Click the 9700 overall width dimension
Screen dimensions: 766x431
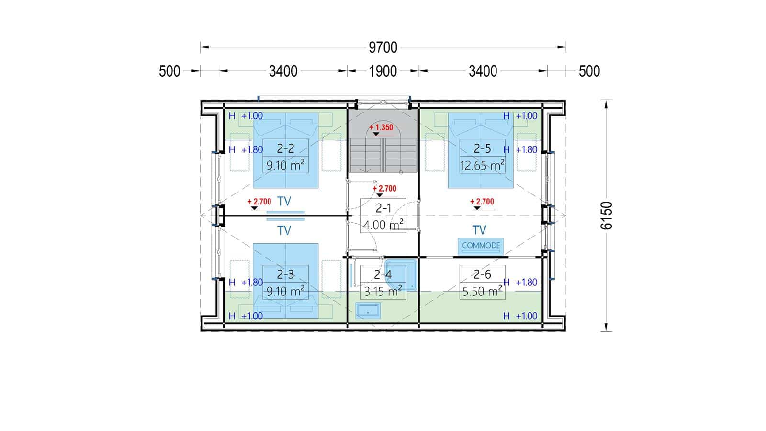[x=383, y=47]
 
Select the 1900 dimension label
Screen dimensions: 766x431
[x=383, y=71]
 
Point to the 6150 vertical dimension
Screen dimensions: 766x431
[x=606, y=215]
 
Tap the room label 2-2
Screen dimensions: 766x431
[x=285, y=148]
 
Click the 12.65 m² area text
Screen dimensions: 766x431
[x=482, y=166]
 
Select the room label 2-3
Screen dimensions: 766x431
[x=285, y=274]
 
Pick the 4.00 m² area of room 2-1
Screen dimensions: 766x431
[x=383, y=225]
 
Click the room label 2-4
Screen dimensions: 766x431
[x=383, y=274]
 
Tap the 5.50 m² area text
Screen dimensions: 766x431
[x=482, y=292]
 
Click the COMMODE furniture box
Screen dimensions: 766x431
[x=481, y=246]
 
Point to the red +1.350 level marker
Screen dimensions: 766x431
[x=381, y=127]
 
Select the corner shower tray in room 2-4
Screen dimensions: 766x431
[x=401, y=275]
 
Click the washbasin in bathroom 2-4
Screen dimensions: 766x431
[x=368, y=311]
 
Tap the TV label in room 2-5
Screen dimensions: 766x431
[x=479, y=230]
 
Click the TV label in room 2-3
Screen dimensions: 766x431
[x=284, y=230]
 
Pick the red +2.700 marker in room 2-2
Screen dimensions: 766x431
[x=259, y=202]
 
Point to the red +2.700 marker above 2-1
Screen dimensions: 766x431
[x=384, y=189]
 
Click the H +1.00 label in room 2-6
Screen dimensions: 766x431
[x=520, y=316]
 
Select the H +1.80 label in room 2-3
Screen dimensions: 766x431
[x=246, y=283]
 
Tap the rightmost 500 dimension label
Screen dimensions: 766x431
[x=589, y=71]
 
